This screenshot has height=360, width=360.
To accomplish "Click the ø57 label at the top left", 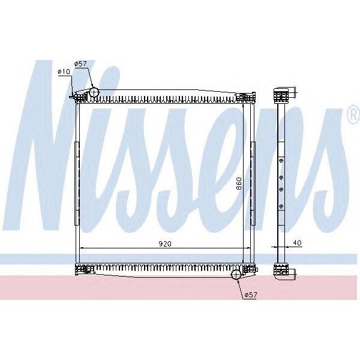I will click(x=80, y=64).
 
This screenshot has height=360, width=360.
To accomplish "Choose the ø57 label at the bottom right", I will click(x=250, y=294).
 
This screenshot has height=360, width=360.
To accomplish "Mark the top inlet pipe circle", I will click(x=94, y=92).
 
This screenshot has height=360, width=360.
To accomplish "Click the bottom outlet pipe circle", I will click(x=236, y=275).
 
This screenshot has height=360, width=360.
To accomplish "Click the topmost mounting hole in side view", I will click(x=281, y=160).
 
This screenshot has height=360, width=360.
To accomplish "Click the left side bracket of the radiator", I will click(x=76, y=184).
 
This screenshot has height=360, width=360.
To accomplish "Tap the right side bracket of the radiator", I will click(x=253, y=184).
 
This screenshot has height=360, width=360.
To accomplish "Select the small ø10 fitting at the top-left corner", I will click(x=73, y=96).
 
